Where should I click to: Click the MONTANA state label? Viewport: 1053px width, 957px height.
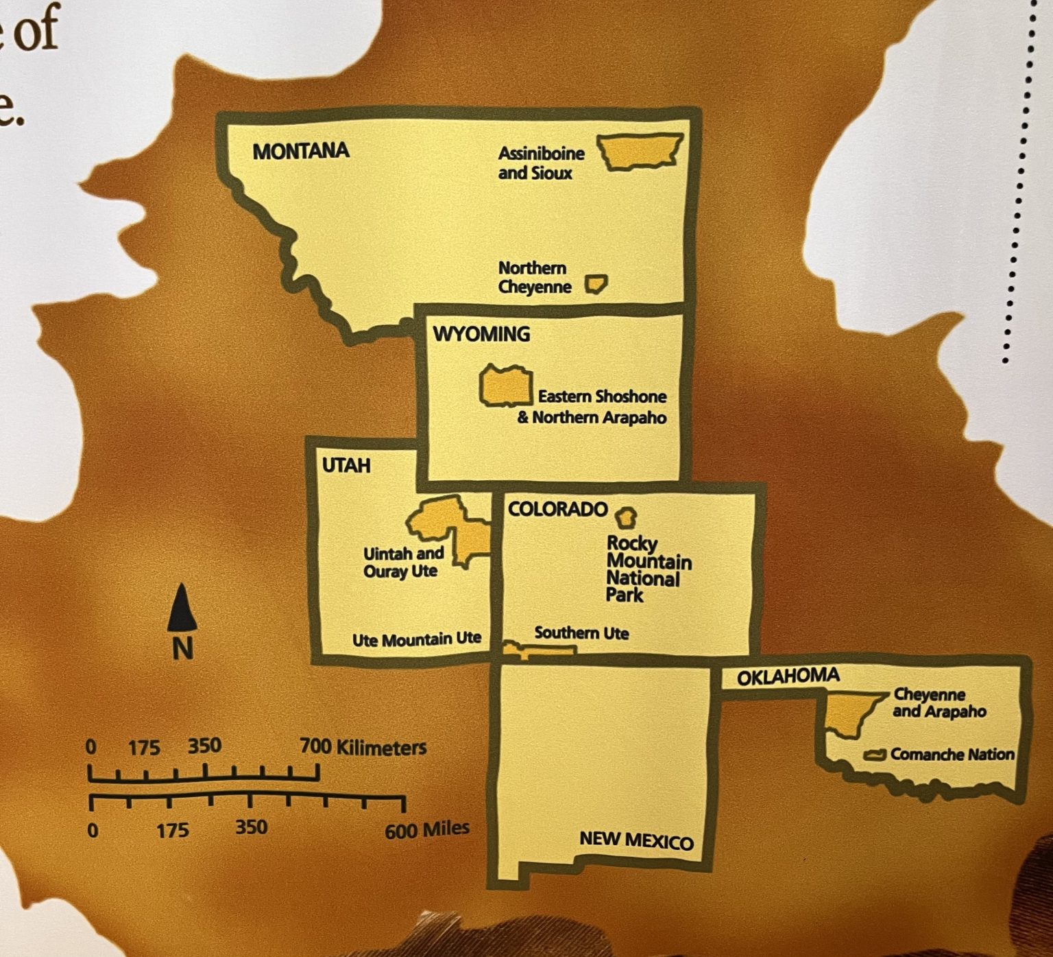coord(301,151)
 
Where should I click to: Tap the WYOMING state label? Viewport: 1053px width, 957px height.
coord(481,334)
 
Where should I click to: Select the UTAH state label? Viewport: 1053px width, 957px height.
coord(346,466)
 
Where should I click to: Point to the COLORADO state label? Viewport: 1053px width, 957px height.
coord(557,509)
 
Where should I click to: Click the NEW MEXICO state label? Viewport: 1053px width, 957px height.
coord(636,840)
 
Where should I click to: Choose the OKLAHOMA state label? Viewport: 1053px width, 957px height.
coord(788,677)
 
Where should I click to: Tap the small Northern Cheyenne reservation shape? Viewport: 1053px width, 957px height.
coord(595,284)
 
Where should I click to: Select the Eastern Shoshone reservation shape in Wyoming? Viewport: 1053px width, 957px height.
coord(506,387)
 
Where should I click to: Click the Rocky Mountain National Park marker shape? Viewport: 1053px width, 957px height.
coord(626,517)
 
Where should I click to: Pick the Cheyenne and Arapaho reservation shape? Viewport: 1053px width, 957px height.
coord(849,713)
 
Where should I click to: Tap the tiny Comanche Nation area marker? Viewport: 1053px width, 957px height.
coord(875,755)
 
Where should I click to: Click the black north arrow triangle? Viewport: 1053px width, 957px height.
coord(182,608)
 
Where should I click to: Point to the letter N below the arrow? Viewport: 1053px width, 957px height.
coord(182,648)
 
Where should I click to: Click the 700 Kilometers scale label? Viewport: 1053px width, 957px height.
coord(363,746)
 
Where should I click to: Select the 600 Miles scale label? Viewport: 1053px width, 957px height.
coord(426,830)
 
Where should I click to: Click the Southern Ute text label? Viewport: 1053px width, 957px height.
coord(581,633)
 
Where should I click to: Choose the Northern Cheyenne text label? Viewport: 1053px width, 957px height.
coord(534,277)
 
